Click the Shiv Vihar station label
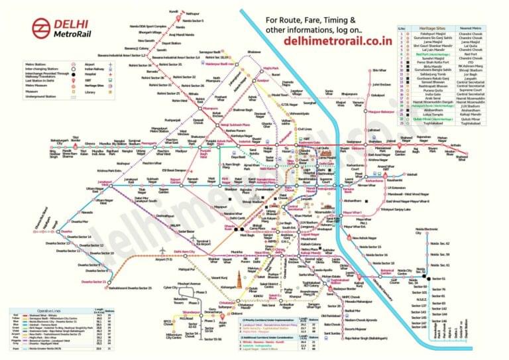pyautogui.click(x=378, y=70)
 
